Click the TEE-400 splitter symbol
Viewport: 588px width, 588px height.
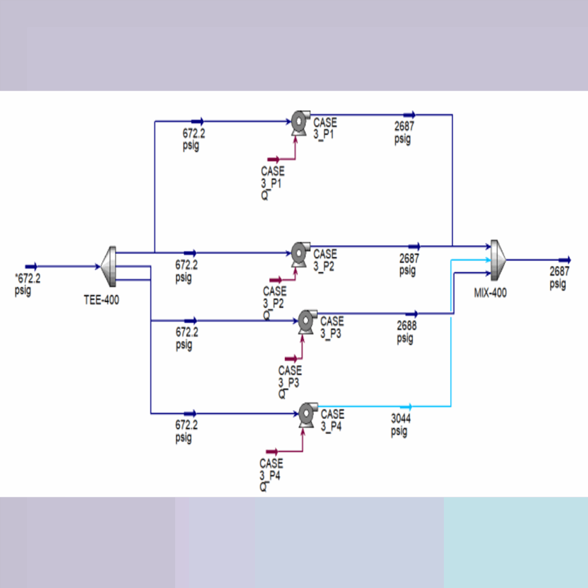(109, 266)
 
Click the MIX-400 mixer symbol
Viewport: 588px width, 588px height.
(497, 260)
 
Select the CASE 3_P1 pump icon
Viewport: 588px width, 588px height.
(299, 122)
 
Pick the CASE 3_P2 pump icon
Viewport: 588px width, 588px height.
(299, 253)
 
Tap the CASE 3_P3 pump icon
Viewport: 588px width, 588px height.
(306, 321)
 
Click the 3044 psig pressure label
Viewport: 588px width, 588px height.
(401, 425)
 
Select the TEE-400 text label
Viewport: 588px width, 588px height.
(102, 300)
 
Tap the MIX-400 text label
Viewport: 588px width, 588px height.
(490, 293)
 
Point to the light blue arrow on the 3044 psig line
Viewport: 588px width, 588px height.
(407, 407)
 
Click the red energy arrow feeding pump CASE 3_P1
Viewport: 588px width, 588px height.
(273, 158)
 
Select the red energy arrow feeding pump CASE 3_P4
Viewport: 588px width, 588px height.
(272, 451)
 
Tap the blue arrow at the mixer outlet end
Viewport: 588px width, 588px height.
(565, 260)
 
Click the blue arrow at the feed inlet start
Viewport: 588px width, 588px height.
(32, 266)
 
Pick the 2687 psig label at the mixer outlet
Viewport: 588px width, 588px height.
(559, 277)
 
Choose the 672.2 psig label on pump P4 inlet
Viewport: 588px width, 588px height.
(187, 431)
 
